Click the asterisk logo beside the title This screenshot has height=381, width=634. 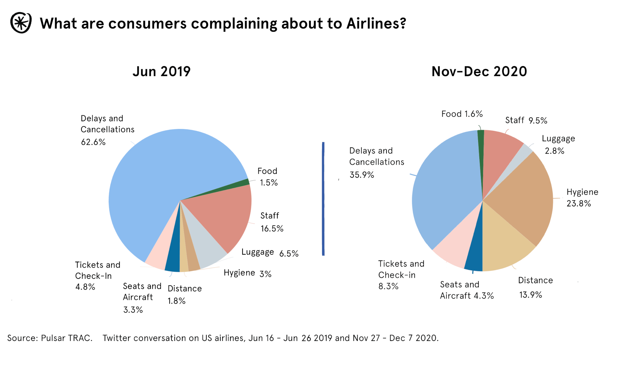(x=21, y=23)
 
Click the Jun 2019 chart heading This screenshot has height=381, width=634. (x=161, y=71)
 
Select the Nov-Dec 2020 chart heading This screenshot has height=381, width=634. (x=479, y=71)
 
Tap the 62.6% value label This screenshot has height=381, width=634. (x=93, y=142)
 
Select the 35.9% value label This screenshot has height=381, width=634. (x=362, y=175)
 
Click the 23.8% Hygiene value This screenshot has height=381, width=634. (x=579, y=204)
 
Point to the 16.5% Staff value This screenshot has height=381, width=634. (x=272, y=229)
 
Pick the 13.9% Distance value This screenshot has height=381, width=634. (x=530, y=295)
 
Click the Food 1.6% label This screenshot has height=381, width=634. (x=462, y=114)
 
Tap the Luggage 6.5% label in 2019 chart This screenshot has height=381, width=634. (x=270, y=253)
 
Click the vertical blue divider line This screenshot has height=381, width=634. (x=323, y=198)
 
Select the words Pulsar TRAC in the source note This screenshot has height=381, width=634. (x=67, y=338)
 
